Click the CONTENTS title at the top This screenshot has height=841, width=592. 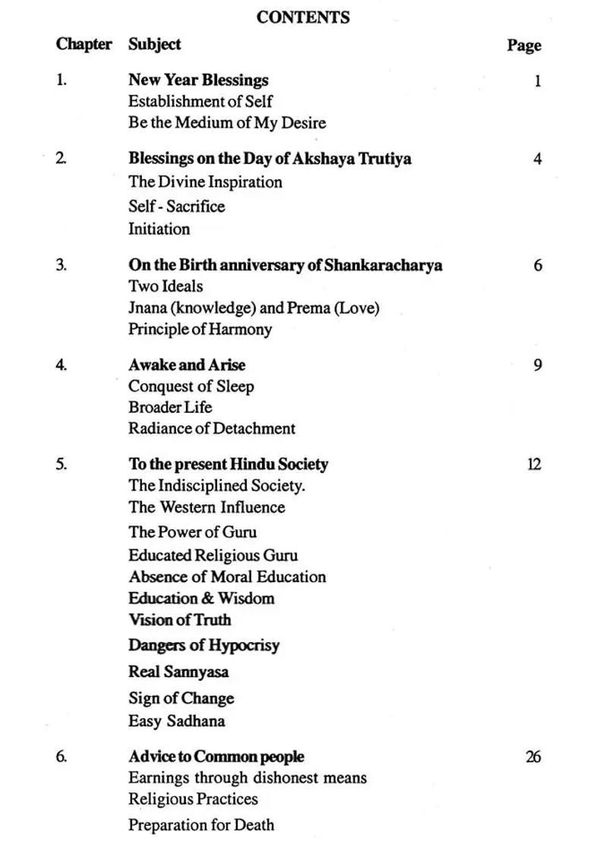(303, 17)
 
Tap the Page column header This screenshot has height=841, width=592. (524, 46)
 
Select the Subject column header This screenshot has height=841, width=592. (154, 44)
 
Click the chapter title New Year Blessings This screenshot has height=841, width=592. (198, 80)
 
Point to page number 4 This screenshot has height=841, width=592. (537, 159)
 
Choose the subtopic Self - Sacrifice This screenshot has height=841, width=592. (176, 206)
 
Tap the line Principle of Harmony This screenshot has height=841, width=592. (200, 329)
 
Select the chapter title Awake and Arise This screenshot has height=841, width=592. (187, 365)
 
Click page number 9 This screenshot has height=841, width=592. (537, 365)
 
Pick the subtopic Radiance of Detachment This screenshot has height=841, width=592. (212, 428)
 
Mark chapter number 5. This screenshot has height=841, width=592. (61, 464)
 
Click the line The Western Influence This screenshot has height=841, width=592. (206, 507)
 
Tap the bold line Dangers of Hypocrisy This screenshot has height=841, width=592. (203, 645)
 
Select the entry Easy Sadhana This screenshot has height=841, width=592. (176, 721)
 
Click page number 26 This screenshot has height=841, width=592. (533, 757)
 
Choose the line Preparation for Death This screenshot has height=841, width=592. (201, 824)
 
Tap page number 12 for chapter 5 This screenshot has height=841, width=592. (534, 464)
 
